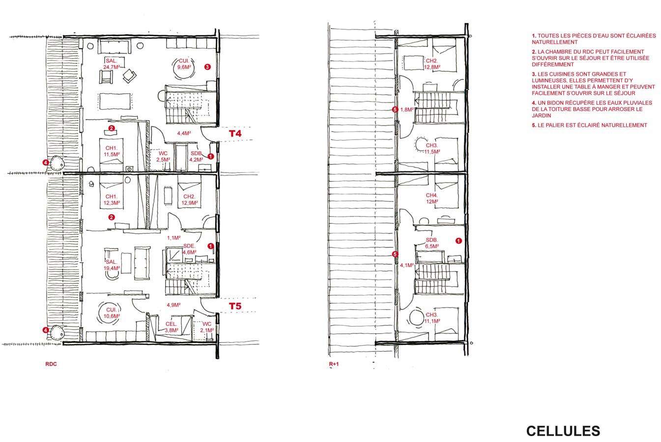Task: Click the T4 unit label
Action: [235, 134]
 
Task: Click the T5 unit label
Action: [235, 306]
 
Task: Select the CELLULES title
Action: [563, 431]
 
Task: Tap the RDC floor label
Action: [51, 364]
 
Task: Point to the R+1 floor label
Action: [334, 364]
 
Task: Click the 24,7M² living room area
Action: [111, 67]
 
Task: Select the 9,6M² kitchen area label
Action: [184, 67]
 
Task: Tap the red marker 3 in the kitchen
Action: [207, 67]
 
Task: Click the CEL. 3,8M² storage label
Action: [171, 327]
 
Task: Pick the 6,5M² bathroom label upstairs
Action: [431, 246]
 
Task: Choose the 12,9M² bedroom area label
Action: [189, 203]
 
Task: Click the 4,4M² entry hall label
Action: [184, 133]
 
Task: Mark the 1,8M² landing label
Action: [407, 110]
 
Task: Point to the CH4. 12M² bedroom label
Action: [431, 198]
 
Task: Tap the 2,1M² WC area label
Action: [207, 330]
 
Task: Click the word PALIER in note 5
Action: [555, 125]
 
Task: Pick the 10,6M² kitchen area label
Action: [111, 316]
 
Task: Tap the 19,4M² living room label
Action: [111, 268]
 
